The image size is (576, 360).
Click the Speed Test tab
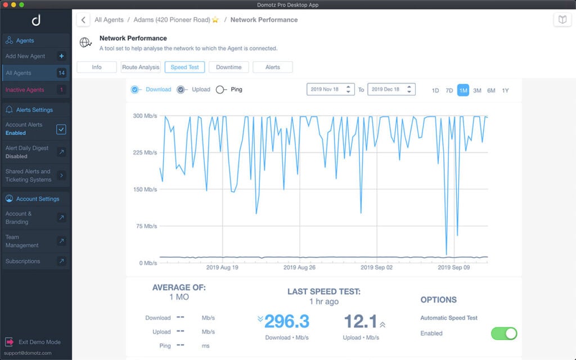tap(184, 67)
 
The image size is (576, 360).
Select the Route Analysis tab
tap(141, 67)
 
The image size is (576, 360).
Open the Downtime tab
tap(228, 67)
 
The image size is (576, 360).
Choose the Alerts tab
tap(272, 67)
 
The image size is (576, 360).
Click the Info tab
tap(97, 67)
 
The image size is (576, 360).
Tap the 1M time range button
tap(463, 90)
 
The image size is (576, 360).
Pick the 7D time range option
tap(449, 90)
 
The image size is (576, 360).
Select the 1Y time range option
tap(505, 90)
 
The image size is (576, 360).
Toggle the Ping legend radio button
tap(221, 89)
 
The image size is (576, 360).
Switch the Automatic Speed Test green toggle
tap(503, 334)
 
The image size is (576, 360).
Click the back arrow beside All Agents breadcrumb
tap(83, 20)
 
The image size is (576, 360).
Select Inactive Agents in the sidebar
tap(25, 90)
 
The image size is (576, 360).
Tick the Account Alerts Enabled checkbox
tap(61, 129)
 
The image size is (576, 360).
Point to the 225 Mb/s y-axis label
tap(145, 152)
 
